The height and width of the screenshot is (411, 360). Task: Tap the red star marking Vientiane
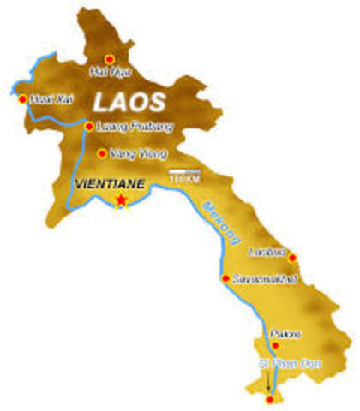(121, 200)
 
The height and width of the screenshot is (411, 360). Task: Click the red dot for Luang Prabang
(89, 127)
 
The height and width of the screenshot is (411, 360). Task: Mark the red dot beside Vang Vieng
(103, 154)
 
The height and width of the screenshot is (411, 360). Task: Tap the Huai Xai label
(51, 99)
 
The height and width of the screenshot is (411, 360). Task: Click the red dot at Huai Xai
(22, 98)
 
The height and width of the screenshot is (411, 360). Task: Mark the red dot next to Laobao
(292, 257)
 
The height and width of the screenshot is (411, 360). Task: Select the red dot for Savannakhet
(225, 278)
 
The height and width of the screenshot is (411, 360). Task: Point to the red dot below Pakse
(274, 346)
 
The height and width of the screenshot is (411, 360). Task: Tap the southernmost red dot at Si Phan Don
(269, 398)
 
